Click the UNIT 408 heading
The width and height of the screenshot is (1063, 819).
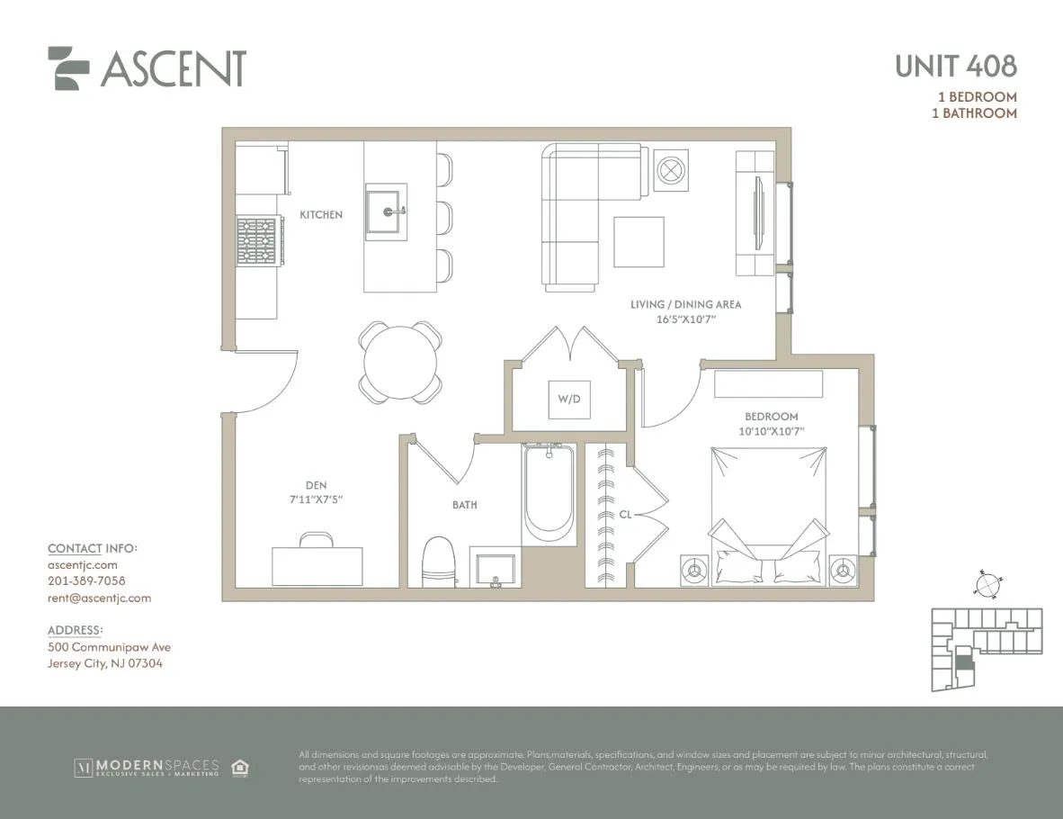(955, 66)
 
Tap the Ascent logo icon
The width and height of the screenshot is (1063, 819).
(68, 67)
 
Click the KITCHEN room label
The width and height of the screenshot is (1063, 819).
(321, 215)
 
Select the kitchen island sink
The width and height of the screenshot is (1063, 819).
(386, 211)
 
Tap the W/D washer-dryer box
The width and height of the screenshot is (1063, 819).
(570, 399)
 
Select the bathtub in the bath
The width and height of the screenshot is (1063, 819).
(549, 495)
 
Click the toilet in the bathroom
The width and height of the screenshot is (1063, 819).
(439, 562)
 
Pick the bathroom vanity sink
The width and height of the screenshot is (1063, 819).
(494, 570)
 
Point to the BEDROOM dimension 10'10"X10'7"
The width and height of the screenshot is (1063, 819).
(771, 431)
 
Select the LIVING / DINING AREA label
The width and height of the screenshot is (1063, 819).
(685, 305)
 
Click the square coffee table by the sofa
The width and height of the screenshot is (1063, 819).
(639, 241)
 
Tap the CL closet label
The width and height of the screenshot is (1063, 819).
(625, 516)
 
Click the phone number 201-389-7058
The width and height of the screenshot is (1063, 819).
(86, 581)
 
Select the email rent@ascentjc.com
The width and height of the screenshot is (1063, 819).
(99, 598)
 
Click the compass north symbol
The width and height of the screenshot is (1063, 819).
(987, 585)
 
